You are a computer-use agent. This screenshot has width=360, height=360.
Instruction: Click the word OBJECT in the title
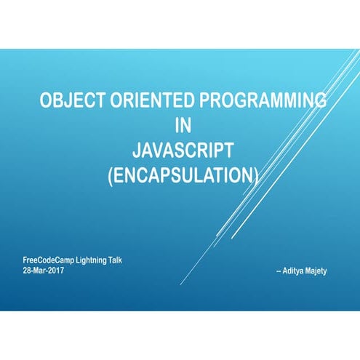coord(68,101)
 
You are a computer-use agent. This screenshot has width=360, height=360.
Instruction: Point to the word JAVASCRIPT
coord(183,151)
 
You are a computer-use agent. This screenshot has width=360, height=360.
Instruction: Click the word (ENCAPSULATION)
coord(183,175)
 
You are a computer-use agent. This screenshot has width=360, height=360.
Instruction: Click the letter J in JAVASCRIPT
coord(137,151)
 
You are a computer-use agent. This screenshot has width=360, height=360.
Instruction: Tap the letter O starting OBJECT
coord(46,101)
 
